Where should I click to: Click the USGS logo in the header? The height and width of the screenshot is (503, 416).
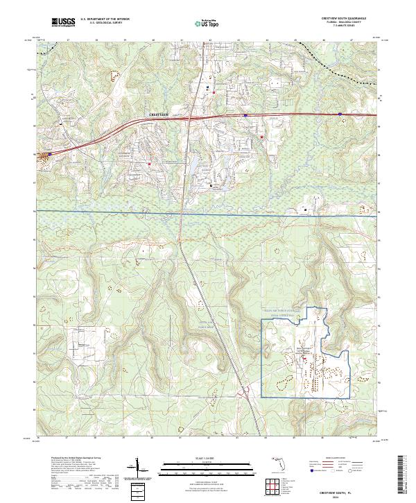[x=61, y=22]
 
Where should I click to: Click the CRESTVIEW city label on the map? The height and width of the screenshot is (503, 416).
[x=159, y=112]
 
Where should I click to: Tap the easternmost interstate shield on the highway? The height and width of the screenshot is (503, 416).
[x=340, y=114]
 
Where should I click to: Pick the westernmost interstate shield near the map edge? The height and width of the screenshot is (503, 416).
[x=49, y=154]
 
